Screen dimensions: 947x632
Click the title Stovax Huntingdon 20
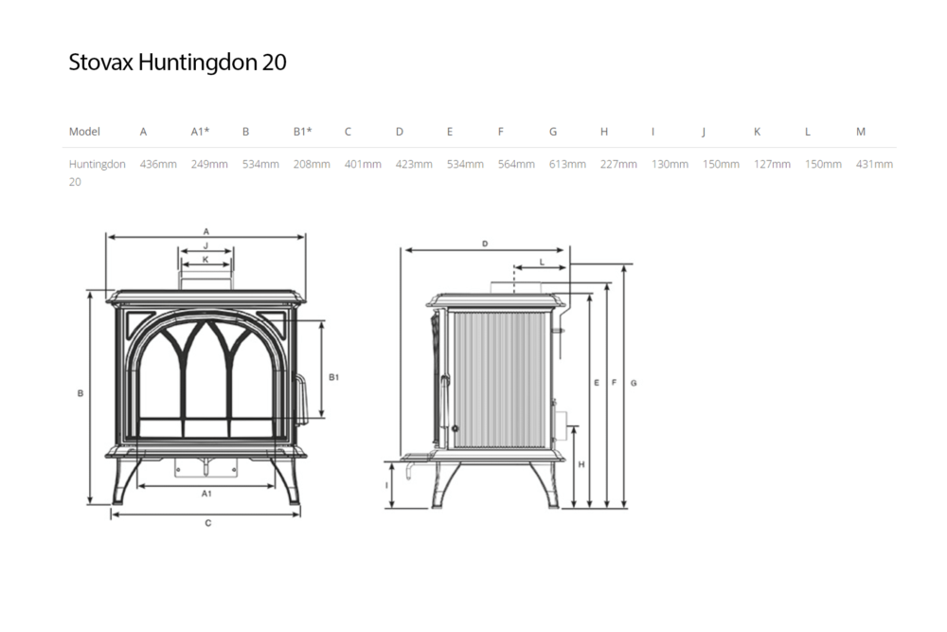pos(178,63)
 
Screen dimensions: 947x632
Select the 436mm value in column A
pos(158,164)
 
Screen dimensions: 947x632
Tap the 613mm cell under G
pos(567,164)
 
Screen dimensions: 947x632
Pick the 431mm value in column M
pos(874,164)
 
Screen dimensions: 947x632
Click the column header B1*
pos(303,131)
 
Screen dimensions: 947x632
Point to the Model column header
pos(84,131)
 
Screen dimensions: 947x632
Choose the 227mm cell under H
pos(618,164)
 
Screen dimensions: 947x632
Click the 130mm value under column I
pos(670,164)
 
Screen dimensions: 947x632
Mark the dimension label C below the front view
pos(207,523)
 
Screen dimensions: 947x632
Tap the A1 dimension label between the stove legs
pos(206,494)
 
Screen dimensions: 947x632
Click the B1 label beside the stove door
pos(334,377)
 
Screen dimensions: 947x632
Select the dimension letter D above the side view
pos(485,244)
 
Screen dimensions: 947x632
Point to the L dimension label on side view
pos(542,262)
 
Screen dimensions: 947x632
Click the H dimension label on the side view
pos(581,464)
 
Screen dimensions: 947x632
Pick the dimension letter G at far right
pos(634,383)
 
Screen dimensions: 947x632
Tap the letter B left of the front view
pos(80,393)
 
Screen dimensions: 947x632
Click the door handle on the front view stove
pos(301,398)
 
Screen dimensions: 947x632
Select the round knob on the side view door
pos(455,428)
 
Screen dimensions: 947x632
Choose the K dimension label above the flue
pos(205,260)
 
